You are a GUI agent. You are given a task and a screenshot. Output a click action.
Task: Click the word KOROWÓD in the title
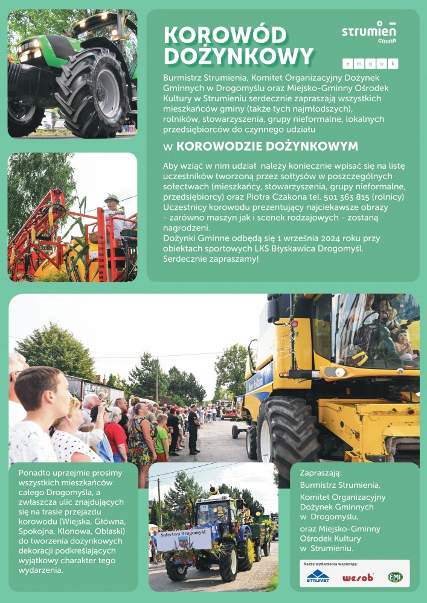(225, 35)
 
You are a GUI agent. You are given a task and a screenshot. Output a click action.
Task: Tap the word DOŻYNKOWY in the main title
(239, 56)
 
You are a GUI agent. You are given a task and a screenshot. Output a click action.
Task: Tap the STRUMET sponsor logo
(318, 576)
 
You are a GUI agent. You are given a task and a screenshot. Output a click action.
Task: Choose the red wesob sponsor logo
(358, 577)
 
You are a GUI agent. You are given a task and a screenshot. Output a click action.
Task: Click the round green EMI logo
(395, 577)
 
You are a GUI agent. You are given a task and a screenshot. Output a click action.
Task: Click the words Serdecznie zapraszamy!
(211, 259)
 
